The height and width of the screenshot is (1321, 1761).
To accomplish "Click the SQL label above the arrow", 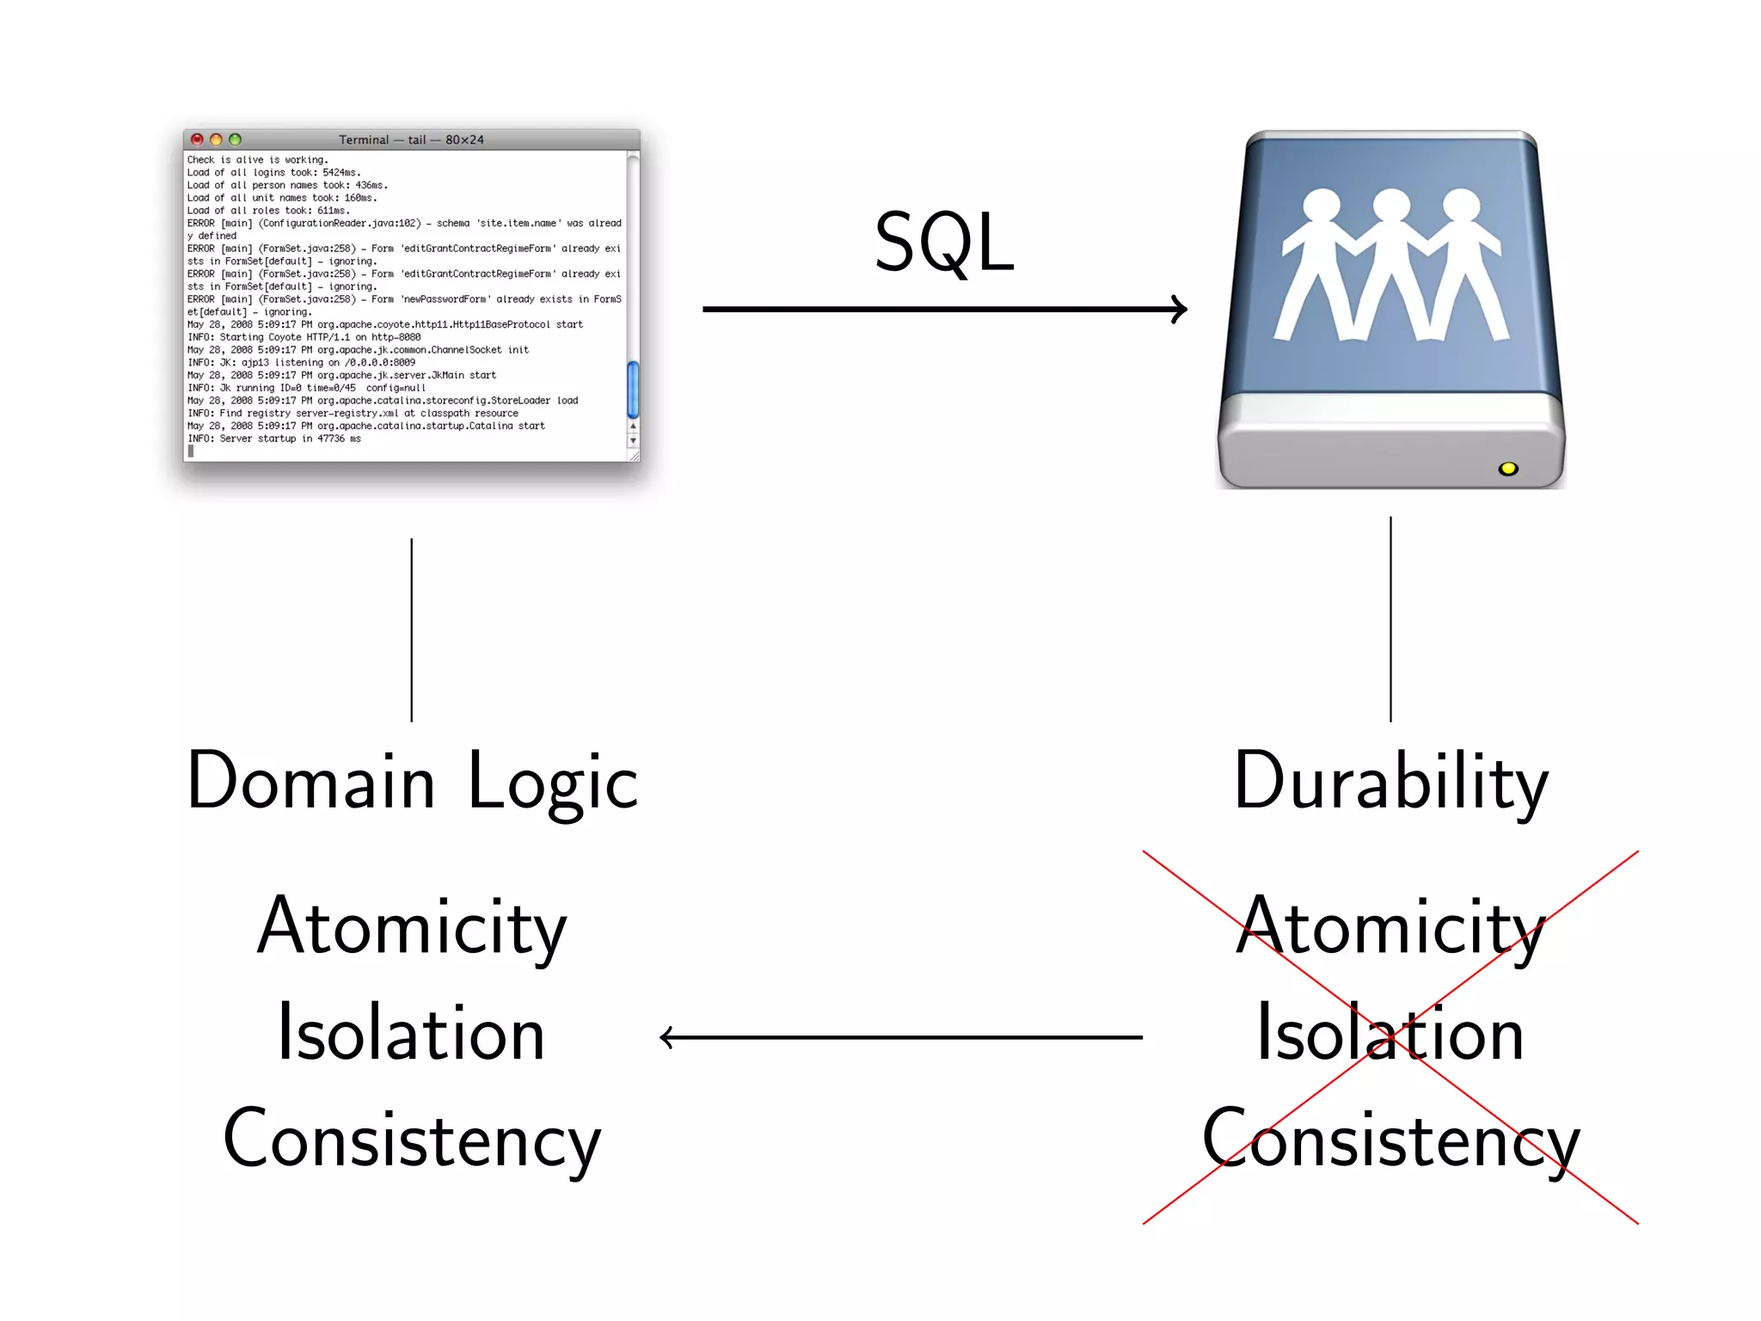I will (x=944, y=243).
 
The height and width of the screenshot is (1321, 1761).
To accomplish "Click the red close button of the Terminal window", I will (x=197, y=139).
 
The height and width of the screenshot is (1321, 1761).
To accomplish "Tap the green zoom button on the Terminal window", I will (x=235, y=139).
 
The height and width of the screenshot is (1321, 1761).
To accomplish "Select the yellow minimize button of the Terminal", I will (x=216, y=139).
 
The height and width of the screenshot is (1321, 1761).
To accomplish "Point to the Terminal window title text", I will (x=411, y=139).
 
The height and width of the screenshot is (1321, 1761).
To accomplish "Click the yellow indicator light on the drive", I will (x=1507, y=469).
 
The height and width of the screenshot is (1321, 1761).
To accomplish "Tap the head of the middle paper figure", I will (x=1390, y=207).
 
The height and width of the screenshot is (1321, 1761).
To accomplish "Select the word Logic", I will (x=553, y=783).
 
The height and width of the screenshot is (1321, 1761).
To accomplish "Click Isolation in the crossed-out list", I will (x=1390, y=1034).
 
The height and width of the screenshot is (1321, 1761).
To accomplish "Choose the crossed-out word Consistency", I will (x=1390, y=1140).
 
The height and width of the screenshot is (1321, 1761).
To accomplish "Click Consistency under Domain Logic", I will (x=412, y=1140).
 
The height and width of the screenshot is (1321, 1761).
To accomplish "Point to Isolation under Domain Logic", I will (x=412, y=1034).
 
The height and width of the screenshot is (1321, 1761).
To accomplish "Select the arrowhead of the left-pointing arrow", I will (x=667, y=1037).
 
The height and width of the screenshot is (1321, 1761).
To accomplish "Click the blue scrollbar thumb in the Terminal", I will (x=633, y=390).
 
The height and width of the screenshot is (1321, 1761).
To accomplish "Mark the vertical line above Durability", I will (x=1390, y=619).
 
